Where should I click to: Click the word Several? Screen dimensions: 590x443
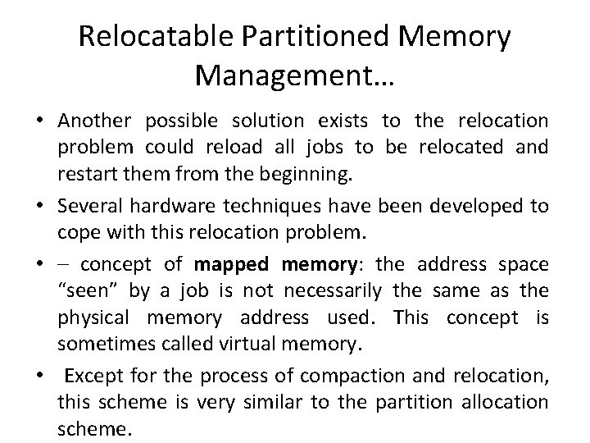[x=88, y=206]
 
